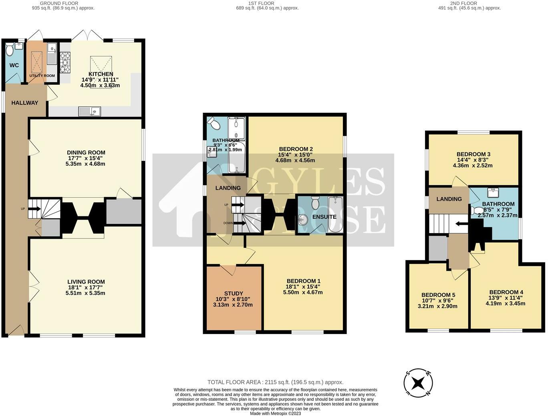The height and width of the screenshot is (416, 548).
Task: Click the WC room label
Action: click(x=14, y=65)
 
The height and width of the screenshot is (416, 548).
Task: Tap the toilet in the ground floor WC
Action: click(x=10, y=51)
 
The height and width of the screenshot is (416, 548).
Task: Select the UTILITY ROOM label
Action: click(x=42, y=76)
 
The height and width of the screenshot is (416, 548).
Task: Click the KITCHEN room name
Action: click(x=101, y=74)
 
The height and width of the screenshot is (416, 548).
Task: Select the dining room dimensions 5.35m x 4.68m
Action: click(x=86, y=164)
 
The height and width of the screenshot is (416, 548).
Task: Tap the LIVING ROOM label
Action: click(x=86, y=282)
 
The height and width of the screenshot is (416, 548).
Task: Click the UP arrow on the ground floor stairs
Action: click(x=34, y=208)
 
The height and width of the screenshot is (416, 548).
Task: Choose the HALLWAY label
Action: click(x=24, y=103)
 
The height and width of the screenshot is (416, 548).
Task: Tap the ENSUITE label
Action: click(x=324, y=217)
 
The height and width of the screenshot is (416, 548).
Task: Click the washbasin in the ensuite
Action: click(x=303, y=219)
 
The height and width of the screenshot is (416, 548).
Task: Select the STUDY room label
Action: click(x=234, y=293)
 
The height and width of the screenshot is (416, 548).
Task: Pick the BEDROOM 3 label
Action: click(x=473, y=154)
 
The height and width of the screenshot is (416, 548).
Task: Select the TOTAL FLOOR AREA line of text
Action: click(x=275, y=382)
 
